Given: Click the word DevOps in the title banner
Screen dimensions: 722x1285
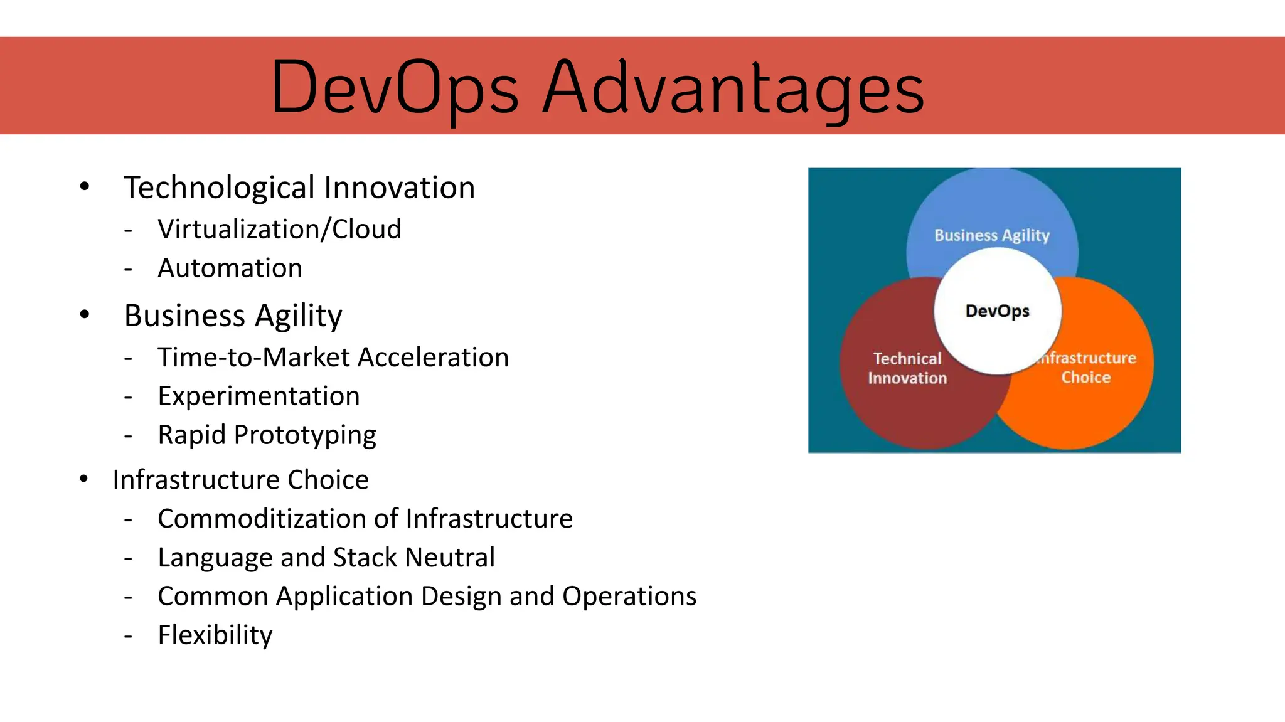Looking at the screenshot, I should click(x=394, y=88).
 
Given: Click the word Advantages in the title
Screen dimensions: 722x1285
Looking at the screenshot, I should click(x=733, y=88).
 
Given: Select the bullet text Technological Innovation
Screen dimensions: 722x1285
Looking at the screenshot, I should click(x=299, y=188).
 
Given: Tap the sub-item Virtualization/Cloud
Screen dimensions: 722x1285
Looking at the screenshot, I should click(x=279, y=229).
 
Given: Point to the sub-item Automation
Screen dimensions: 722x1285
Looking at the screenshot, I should click(x=230, y=268).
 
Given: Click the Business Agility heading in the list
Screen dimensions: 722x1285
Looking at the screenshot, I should click(x=233, y=316).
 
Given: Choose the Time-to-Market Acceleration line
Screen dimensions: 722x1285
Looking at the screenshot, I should click(x=333, y=358).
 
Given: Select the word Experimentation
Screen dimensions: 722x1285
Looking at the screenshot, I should click(x=259, y=396).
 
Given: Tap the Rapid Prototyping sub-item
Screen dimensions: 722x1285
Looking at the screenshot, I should click(x=267, y=435).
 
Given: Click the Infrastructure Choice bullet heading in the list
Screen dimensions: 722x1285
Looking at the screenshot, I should click(x=240, y=480).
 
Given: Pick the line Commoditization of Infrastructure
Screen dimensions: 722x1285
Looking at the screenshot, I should click(x=365, y=519).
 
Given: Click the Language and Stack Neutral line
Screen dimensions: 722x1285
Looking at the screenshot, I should click(x=326, y=558).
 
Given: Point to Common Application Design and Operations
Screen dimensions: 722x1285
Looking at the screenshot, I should click(x=427, y=597).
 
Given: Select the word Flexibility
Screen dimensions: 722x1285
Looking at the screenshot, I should click(x=215, y=635).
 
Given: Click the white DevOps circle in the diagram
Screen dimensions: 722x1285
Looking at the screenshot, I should click(x=998, y=311).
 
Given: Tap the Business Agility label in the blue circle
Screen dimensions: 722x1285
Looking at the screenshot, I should click(x=991, y=235).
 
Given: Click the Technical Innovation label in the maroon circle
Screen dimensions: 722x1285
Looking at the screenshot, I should click(x=907, y=368).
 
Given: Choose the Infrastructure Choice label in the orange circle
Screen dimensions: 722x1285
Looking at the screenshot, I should click(x=1087, y=368).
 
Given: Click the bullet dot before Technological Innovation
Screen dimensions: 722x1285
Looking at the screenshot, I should click(x=85, y=186).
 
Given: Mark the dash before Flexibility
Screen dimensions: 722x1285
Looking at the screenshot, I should click(x=128, y=636).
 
